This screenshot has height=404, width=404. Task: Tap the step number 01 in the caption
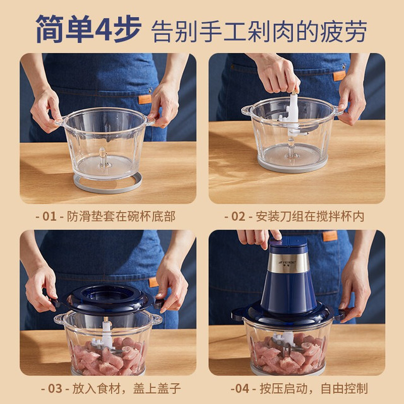point(49,216)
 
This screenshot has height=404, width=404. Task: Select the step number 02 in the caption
point(238,216)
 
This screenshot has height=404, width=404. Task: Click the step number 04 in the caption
point(242,389)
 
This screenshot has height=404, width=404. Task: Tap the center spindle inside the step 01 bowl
point(103,158)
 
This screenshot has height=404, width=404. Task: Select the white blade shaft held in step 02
point(292,114)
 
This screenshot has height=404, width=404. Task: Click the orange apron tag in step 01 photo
point(145,99)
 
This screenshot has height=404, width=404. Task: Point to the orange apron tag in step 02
point(339,76)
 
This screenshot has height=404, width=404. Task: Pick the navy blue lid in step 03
point(107,299)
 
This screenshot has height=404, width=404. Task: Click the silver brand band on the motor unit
point(288,263)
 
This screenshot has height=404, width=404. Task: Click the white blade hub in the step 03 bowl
point(105,335)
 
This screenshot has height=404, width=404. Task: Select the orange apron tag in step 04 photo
point(330,236)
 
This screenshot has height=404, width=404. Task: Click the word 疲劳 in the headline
point(343,31)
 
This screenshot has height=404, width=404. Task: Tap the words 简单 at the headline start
point(64,28)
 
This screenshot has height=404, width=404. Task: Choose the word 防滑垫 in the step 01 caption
point(85,216)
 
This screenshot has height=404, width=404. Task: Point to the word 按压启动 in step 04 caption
point(283,389)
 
